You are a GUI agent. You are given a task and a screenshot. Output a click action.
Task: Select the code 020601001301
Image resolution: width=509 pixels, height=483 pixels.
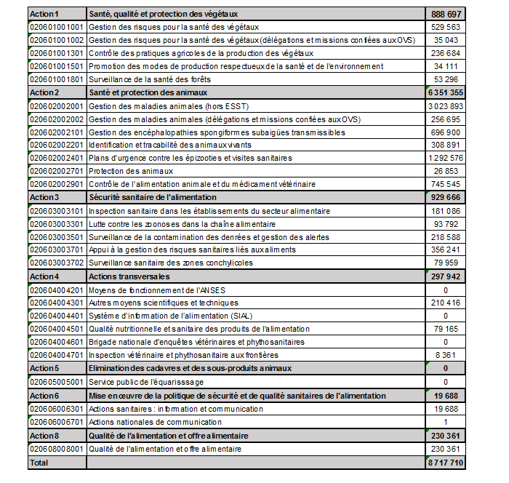pos(56,53)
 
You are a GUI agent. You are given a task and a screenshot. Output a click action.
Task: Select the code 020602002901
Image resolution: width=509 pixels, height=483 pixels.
pos(56,184)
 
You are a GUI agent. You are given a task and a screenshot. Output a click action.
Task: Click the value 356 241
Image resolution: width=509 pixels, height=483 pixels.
pos(449,250)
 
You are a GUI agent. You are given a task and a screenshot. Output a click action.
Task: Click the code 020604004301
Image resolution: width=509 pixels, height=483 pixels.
pos(56,303)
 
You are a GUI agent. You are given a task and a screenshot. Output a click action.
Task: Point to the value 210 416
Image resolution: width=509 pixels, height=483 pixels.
pos(449,303)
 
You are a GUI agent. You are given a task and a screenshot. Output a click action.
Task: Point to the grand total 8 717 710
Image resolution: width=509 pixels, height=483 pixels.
pos(446,461)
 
